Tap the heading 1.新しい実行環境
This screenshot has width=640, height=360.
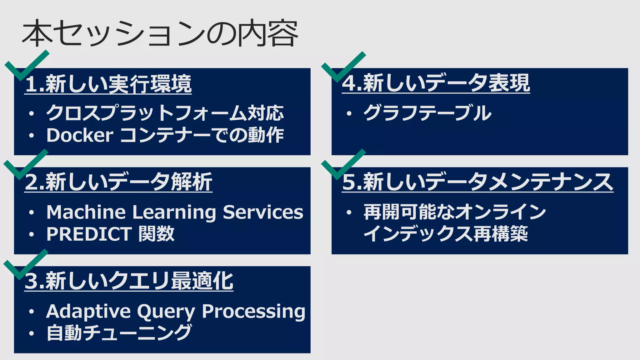(108, 84)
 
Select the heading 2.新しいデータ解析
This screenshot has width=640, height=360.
(118, 182)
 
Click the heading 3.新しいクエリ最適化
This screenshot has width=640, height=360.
(129, 281)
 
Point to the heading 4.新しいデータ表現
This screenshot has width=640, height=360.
(436, 83)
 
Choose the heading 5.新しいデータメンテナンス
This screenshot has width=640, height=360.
(477, 182)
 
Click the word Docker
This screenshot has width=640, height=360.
(80, 135)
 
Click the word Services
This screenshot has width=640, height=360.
(263, 212)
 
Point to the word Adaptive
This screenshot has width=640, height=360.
(88, 312)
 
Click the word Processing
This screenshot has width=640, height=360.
(253, 312)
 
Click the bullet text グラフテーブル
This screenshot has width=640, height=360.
(427, 113)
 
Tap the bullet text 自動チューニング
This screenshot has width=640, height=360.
(119, 333)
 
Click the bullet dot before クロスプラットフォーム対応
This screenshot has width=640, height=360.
(31, 114)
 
